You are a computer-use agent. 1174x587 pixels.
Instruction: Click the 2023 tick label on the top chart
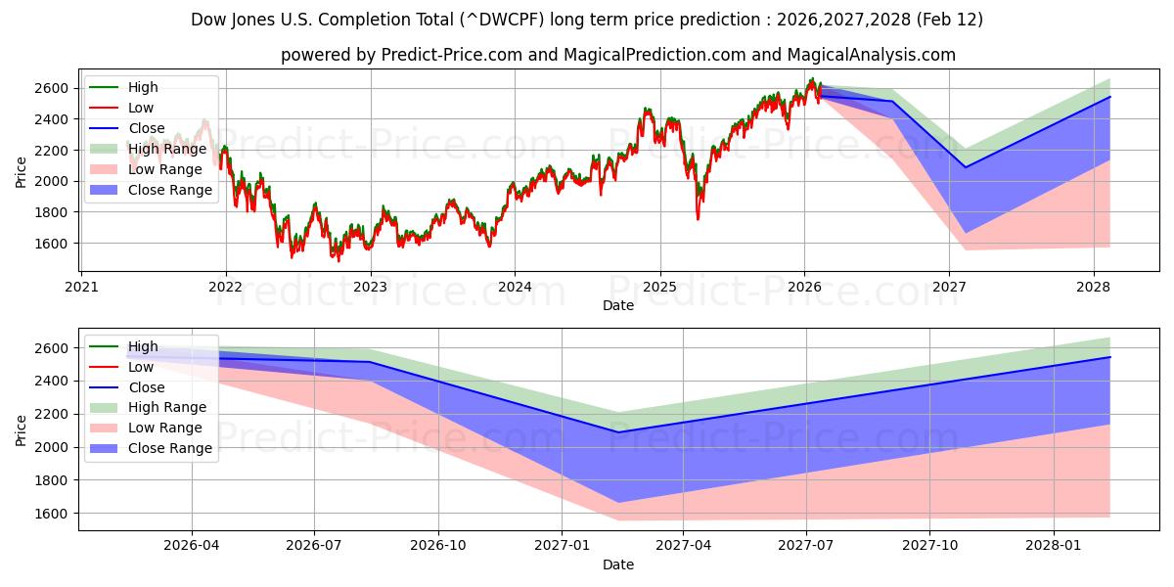coord(370,288)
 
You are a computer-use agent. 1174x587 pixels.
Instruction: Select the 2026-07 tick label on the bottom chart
coord(314,547)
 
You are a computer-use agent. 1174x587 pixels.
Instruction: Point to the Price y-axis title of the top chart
coord(22,172)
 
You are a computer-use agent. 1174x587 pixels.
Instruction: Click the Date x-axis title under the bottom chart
coord(617,564)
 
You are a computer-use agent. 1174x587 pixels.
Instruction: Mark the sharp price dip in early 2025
coord(698,217)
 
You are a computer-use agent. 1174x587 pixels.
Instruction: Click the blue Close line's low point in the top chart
coord(966,167)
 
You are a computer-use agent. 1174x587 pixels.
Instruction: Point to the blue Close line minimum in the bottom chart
coord(618,432)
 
